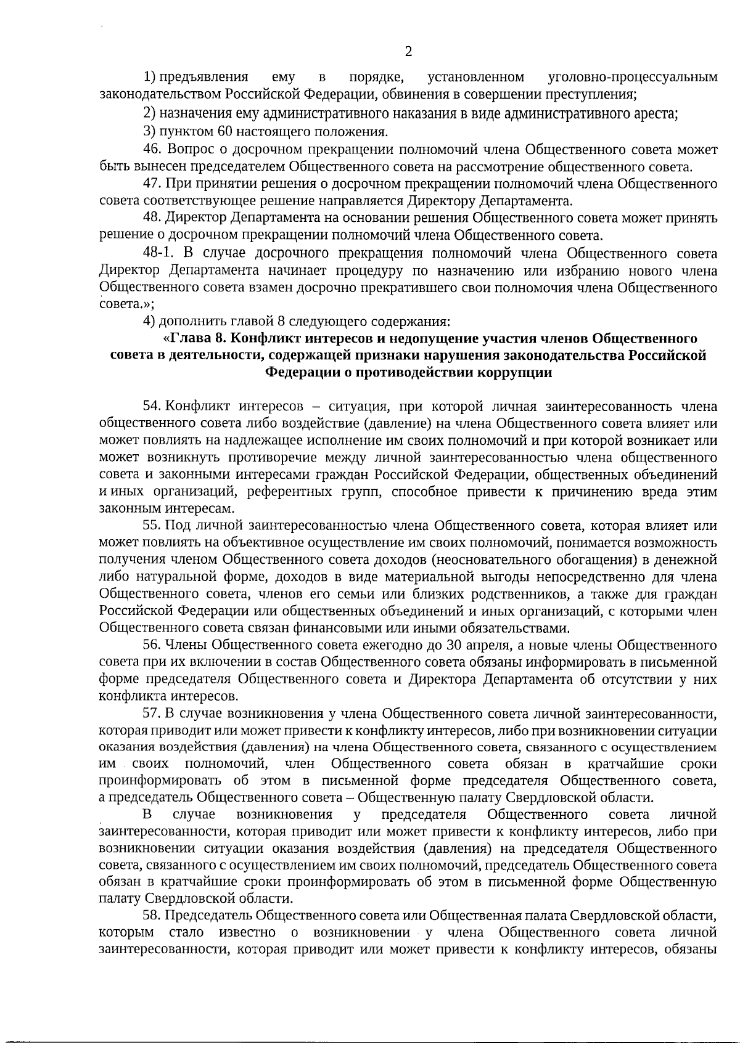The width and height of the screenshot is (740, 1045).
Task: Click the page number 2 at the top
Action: click(408, 52)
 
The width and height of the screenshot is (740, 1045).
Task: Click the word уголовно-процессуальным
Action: click(633, 78)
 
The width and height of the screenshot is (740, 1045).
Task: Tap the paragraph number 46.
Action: click(152, 149)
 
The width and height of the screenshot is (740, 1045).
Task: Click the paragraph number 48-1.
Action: click(158, 253)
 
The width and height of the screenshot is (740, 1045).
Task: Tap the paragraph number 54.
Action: click(152, 406)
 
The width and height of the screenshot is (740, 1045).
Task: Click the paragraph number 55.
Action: click(152, 526)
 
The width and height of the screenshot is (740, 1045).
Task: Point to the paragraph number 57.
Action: click(152, 714)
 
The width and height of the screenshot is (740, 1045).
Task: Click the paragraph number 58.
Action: click(152, 914)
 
